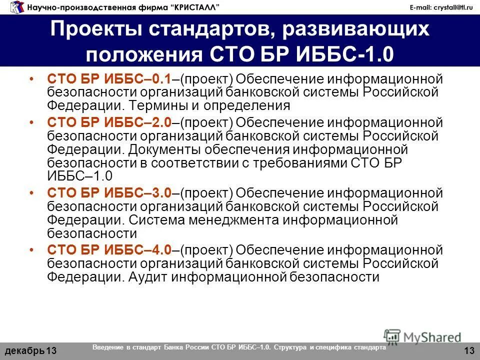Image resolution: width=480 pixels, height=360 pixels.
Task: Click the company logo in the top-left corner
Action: tap(16, 7)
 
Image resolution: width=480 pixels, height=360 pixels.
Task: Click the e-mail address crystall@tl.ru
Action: tap(441, 6)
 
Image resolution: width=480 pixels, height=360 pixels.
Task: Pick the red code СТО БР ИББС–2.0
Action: tap(109, 122)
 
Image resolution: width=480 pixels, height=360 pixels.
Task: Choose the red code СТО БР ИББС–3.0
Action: tap(109, 193)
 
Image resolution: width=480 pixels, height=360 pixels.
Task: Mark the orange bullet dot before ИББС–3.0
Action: tap(32, 193)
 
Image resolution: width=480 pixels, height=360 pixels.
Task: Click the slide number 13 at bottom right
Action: tap(469, 349)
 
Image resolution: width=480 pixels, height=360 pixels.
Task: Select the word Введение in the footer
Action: tap(108, 347)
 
